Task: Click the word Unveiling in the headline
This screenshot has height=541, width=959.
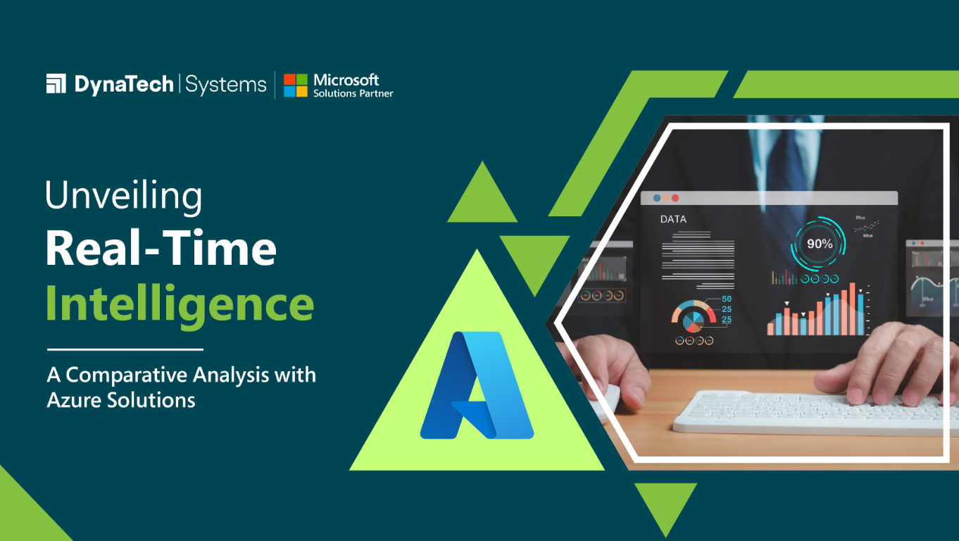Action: click(x=124, y=197)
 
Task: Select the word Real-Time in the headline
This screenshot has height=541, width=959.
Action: click(x=161, y=249)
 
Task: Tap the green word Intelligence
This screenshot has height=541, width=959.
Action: click(x=180, y=304)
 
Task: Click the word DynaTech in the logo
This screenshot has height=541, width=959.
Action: click(x=124, y=85)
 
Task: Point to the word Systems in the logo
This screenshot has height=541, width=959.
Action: click(x=226, y=85)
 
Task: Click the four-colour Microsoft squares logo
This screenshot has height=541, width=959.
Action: click(x=295, y=85)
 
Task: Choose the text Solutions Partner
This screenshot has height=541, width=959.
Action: click(x=353, y=94)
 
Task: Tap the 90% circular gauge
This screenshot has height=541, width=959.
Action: click(x=819, y=244)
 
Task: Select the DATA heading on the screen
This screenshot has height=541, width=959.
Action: click(x=673, y=219)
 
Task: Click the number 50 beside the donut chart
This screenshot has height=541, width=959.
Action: click(x=727, y=299)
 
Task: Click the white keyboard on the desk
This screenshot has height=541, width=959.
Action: click(x=810, y=412)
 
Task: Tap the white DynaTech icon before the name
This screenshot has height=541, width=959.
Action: click(x=56, y=84)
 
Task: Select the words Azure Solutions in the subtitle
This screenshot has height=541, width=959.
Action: click(x=120, y=400)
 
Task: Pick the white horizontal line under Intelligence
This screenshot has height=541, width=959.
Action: click(x=125, y=349)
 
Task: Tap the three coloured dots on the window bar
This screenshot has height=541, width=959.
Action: click(x=666, y=198)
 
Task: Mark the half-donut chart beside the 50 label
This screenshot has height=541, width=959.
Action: click(x=693, y=315)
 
